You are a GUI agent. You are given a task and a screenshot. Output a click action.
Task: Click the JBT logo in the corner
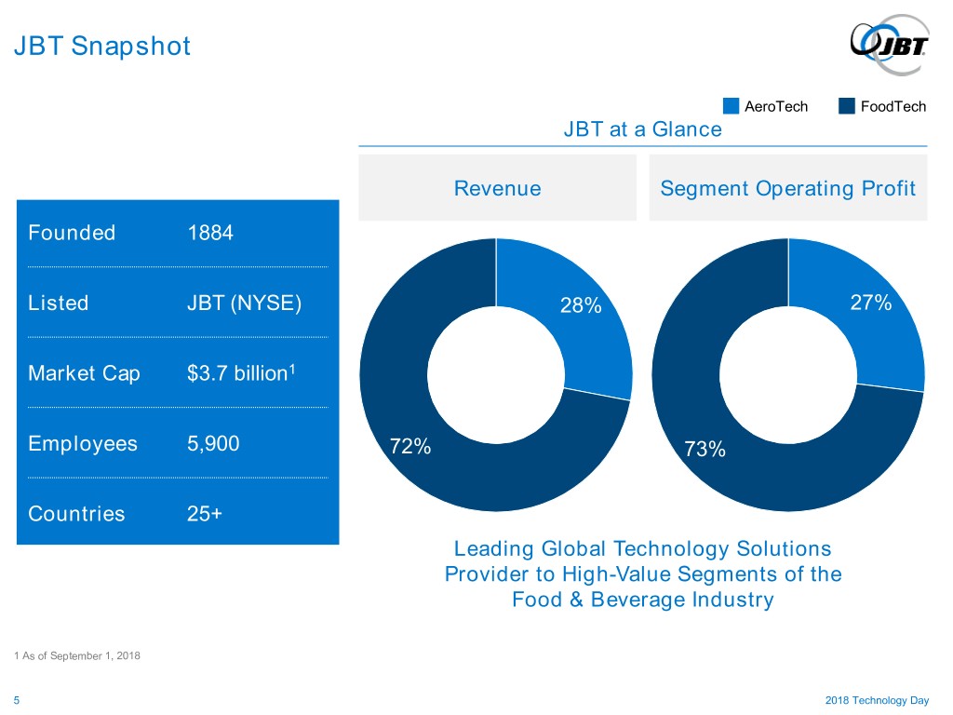coord(890,45)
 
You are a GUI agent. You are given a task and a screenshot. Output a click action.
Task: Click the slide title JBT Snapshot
coord(102,47)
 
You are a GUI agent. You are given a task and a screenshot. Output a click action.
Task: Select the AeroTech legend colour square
coord(731,106)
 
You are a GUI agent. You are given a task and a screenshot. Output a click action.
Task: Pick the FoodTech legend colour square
coord(847,106)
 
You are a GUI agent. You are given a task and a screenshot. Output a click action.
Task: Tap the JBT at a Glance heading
coord(642,128)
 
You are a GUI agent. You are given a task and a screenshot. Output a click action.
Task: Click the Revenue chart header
coord(497,188)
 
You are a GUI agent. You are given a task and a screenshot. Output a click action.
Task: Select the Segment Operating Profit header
coord(787,188)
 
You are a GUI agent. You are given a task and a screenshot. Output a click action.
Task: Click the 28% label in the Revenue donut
coord(581,305)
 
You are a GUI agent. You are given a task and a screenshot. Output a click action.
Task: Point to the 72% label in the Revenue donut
coord(410,446)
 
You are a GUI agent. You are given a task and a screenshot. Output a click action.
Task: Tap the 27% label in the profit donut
coord(870,303)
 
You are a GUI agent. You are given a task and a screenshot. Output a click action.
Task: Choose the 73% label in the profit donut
coord(705,449)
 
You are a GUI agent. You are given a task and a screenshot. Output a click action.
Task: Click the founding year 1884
coord(210,233)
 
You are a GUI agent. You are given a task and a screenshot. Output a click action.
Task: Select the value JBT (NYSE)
coord(245,303)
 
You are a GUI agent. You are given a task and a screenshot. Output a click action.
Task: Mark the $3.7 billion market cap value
coord(241,372)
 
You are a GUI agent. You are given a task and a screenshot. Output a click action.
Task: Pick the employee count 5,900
coord(213,444)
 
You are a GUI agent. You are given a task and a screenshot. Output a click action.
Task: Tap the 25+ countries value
coord(204,514)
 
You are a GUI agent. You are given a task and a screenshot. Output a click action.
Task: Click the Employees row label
coord(83,444)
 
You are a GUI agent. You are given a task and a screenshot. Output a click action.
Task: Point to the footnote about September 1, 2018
coord(77,655)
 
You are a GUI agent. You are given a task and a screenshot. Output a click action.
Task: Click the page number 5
coord(17,700)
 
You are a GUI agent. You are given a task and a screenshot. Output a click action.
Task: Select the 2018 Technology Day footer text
coord(877,700)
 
